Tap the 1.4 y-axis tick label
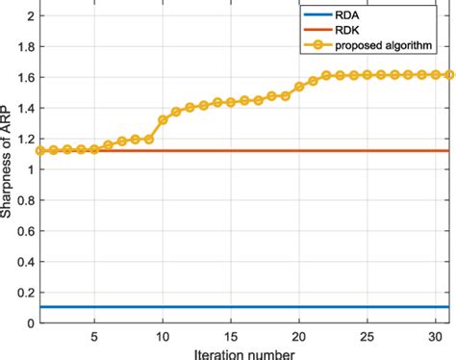(x=25, y=108)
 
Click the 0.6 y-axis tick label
(x=25, y=231)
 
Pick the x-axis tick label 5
(x=94, y=337)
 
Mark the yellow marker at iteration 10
(x=163, y=119)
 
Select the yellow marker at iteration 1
(x=39, y=150)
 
